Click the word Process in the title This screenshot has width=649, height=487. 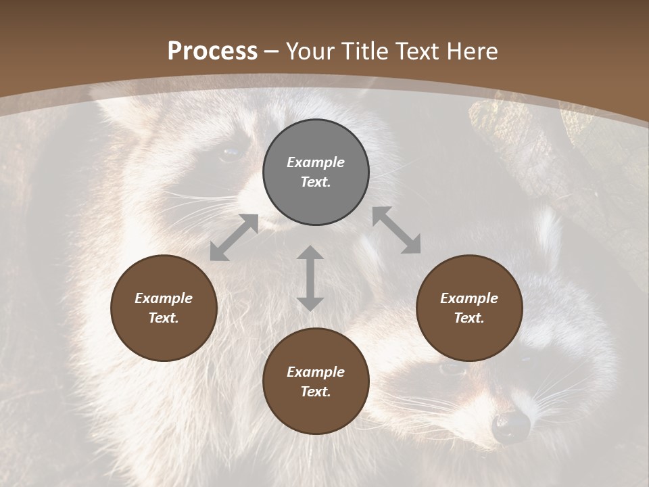pos(212,51)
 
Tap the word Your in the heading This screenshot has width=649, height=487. pos(311,51)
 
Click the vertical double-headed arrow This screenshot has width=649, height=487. pos(310,278)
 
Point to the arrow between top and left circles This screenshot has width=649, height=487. pos(234,237)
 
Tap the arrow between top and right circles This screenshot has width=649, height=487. pos(396,230)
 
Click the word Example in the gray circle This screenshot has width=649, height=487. pos(316,162)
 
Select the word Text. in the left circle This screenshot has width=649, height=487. pos(164,318)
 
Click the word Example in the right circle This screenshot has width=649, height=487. pos(469,298)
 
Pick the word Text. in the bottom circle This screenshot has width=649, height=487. pos(316,392)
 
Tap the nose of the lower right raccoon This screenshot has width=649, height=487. pos(511,425)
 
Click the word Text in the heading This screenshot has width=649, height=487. pos(419,51)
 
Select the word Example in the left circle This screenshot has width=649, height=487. pos(164,298)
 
